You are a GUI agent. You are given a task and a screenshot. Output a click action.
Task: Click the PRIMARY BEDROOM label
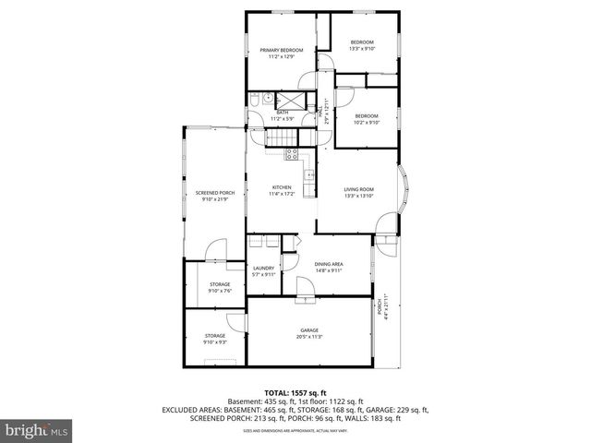pos(280,50)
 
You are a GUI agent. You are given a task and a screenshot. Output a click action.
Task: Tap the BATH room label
pos(281,113)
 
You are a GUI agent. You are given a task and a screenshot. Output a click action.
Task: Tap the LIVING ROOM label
pos(357,190)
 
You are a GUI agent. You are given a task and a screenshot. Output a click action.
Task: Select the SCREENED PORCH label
pos(214,193)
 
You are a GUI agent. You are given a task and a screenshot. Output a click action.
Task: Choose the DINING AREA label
pos(329,264)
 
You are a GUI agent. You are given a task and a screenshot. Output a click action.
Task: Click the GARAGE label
pos(308,330)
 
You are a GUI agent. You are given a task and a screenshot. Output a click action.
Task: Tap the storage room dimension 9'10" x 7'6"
pos(219,291)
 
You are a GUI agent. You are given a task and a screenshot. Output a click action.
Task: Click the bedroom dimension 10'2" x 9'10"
pos(367,122)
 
